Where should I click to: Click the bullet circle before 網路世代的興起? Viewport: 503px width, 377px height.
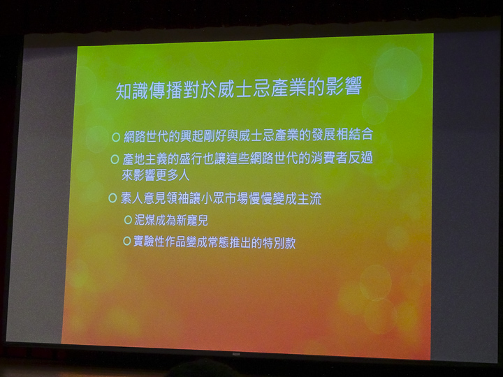(116, 138)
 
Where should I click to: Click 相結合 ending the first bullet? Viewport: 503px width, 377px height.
(355, 134)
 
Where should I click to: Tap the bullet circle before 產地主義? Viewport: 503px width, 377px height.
(115, 159)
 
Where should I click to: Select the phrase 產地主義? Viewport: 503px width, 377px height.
(146, 159)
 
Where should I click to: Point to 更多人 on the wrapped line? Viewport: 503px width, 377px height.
(172, 175)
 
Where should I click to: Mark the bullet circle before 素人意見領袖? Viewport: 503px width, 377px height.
(112, 198)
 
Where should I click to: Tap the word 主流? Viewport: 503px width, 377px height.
(309, 199)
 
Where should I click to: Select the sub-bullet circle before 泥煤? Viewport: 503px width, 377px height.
(128, 220)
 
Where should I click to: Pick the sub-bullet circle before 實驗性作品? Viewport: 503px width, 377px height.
(126, 241)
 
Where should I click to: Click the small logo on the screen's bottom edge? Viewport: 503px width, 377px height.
(236, 354)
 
